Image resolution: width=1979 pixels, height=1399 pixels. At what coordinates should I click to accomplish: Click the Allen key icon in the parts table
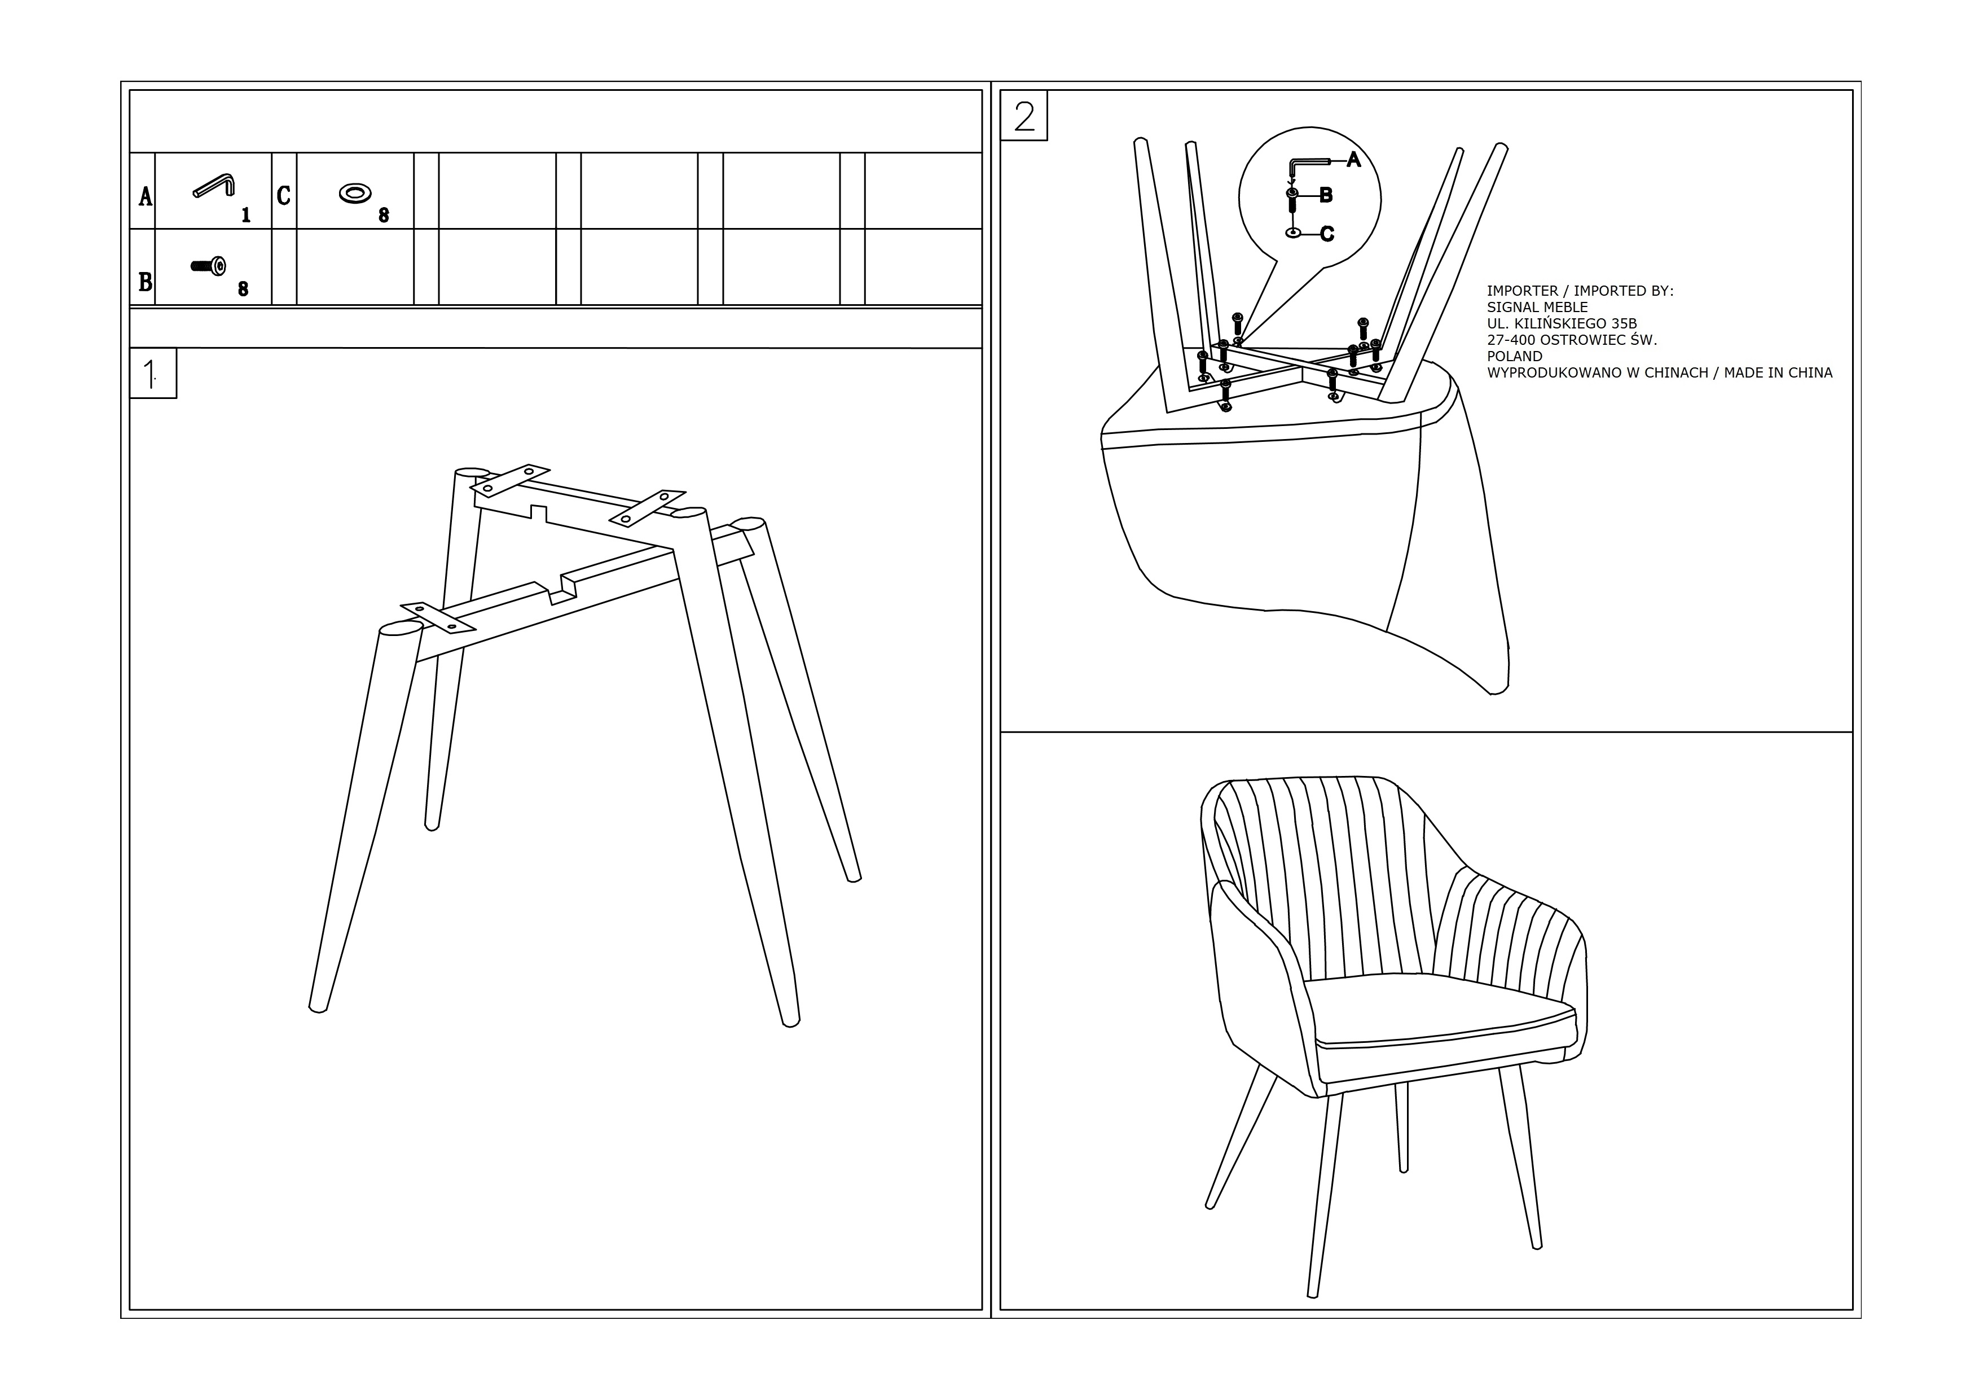214,185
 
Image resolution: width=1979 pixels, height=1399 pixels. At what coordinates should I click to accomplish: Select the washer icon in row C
355,193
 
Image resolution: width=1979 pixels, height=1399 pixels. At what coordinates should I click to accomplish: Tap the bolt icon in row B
209,266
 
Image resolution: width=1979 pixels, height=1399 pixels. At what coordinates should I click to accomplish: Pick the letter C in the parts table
284,196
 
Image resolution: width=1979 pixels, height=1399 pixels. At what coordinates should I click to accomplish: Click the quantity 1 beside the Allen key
245,214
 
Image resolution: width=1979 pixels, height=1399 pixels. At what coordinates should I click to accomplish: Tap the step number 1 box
153,373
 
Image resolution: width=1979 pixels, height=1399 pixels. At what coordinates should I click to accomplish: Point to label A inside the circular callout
1353,160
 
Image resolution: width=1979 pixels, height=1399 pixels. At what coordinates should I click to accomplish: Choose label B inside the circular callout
1326,196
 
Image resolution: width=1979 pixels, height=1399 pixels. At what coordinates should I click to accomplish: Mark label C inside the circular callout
1327,234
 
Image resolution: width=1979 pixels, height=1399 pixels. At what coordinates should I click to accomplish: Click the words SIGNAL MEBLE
1537,307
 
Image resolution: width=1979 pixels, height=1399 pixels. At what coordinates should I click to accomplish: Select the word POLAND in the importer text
1514,356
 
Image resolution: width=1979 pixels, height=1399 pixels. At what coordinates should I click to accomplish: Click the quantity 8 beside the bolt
243,290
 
